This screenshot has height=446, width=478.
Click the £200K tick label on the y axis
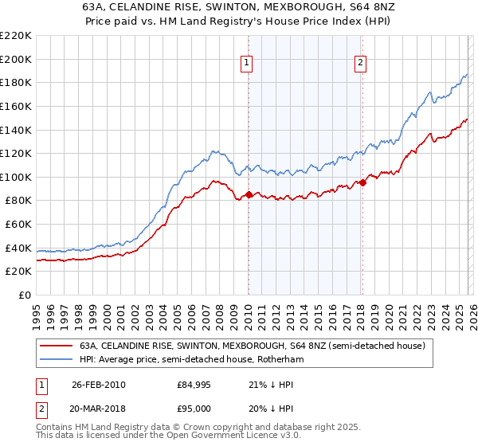pos(16,59)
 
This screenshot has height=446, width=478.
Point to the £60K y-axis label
pos(18,225)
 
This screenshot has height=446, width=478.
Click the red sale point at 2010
pos(249,194)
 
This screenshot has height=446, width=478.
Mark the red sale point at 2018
pos(362,182)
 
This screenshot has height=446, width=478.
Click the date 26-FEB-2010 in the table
pos(98,385)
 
